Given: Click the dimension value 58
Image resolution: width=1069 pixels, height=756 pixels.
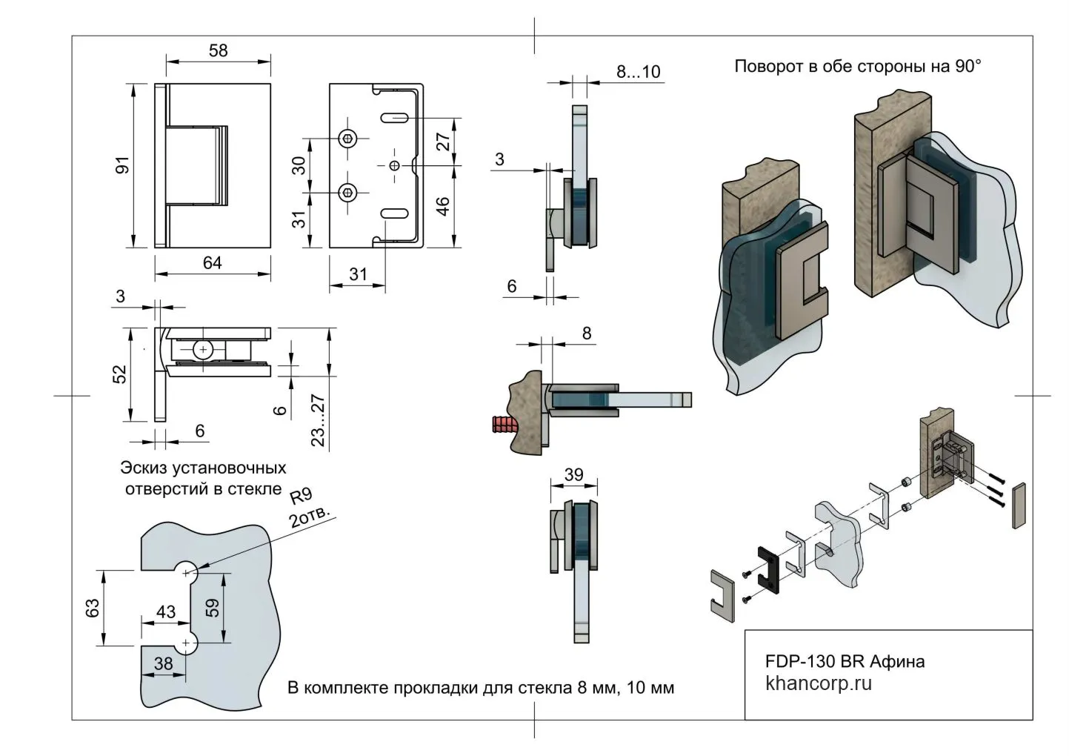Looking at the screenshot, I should [219, 51].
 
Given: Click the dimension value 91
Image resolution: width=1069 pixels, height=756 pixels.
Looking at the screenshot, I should [122, 165].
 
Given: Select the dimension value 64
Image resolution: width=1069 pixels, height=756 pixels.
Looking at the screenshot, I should [213, 263].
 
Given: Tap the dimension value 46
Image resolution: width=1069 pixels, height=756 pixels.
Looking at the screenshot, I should [442, 206].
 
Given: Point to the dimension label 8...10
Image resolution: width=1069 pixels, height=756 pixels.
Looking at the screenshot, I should [638, 72].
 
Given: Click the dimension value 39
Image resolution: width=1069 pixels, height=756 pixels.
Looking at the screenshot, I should [574, 475].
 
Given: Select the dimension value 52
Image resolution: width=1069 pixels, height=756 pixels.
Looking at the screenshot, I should [120, 374].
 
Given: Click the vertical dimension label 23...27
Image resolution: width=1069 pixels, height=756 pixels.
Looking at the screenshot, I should [318, 420].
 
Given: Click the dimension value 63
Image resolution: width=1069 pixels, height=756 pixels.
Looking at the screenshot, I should [93, 608].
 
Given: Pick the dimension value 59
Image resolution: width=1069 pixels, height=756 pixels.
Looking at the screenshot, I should [213, 608].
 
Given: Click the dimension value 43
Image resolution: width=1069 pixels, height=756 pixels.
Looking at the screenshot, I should [166, 611].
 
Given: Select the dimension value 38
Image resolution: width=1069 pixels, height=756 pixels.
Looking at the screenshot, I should [163, 663].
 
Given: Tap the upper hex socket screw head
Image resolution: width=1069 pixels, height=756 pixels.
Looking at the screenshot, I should [348, 139].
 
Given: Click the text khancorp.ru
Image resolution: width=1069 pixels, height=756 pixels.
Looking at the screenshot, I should [818, 683].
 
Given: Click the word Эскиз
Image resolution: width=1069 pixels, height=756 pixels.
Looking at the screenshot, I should [144, 468].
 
